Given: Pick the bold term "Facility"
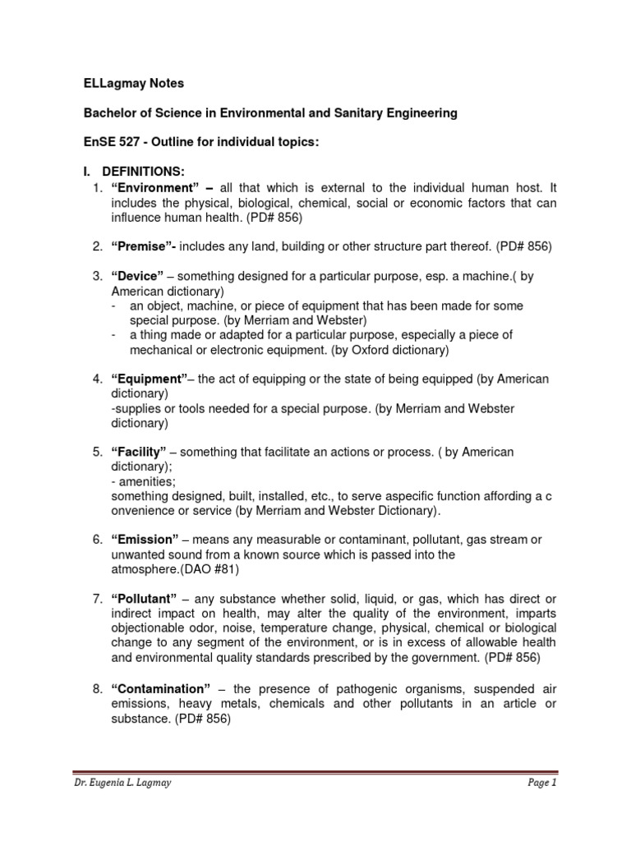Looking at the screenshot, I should point(140,453).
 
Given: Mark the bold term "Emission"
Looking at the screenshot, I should point(145,540).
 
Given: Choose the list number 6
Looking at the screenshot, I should point(96,540).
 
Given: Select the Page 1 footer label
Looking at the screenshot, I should point(542,806).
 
